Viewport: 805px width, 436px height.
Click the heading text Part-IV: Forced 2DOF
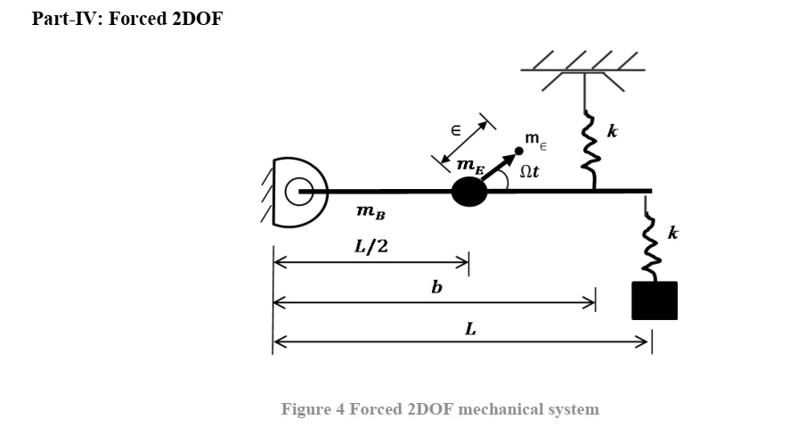pos(126,19)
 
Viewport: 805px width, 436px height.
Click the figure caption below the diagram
pos(440,409)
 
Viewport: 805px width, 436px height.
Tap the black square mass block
pos(655,300)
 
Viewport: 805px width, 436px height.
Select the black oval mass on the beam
pos(469,192)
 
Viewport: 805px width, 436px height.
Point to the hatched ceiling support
pos(584,67)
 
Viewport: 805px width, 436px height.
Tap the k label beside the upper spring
pos(613,132)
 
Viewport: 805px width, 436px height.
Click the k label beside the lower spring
pos(673,234)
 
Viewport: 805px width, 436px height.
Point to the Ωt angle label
pos(528,171)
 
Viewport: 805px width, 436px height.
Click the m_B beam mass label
pos(370,212)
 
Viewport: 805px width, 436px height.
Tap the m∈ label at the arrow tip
pos(536,139)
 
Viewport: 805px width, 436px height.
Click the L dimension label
pos(470,329)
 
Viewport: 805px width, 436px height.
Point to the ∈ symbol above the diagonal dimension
pos(454,130)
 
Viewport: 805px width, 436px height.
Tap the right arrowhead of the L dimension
pos(645,341)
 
